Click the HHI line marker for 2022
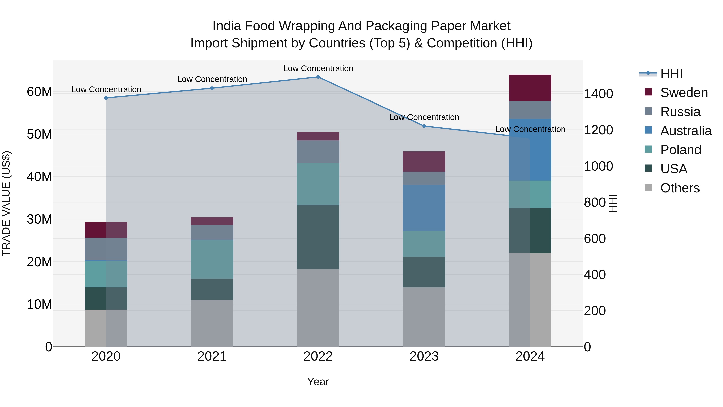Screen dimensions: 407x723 [318, 77]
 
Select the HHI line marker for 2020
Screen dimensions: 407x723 [106, 98]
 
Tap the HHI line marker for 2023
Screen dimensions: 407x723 [424, 126]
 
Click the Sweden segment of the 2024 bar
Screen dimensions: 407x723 [530, 88]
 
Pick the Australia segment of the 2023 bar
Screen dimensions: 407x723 [424, 208]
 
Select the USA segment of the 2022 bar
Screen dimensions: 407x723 [318, 237]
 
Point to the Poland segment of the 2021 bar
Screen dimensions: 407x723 [212, 259]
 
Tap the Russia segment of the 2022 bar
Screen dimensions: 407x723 [318, 152]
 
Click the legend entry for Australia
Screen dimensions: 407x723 [685, 131]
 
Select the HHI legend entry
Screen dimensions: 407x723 [671, 74]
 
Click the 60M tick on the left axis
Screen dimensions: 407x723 [39, 92]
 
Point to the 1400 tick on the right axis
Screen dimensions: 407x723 [598, 94]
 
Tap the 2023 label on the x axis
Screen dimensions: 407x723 [424, 356]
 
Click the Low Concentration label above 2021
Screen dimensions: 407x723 [212, 79]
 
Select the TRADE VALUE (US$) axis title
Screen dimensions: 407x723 [6, 203]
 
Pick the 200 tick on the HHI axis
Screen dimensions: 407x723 [594, 311]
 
